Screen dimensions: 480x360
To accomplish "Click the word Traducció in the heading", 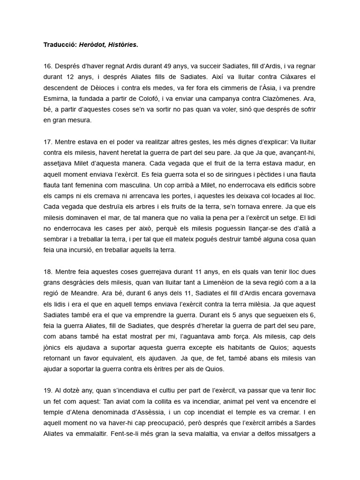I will point(60,45).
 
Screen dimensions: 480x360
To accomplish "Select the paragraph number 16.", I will point(47,67).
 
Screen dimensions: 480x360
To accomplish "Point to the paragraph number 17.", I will point(47,142).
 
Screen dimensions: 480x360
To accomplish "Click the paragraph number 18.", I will point(47,271).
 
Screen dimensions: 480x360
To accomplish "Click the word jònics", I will point(54,347).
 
